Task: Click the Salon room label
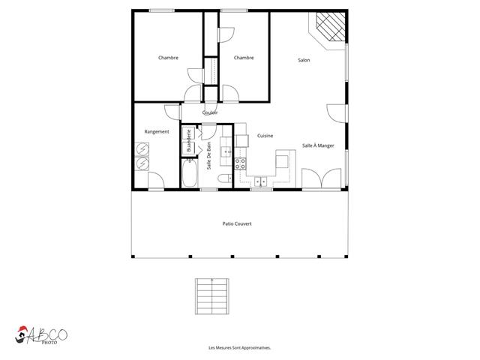click(x=304, y=61)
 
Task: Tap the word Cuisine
click(x=265, y=136)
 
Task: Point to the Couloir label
click(x=210, y=112)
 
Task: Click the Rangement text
click(x=157, y=132)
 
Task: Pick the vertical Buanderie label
click(x=189, y=140)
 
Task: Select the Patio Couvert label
click(x=237, y=223)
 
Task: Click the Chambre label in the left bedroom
click(x=168, y=58)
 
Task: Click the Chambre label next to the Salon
click(x=243, y=58)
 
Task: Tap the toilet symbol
click(x=224, y=178)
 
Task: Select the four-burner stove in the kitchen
click(x=241, y=162)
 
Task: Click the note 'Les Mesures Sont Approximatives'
click(x=239, y=348)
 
